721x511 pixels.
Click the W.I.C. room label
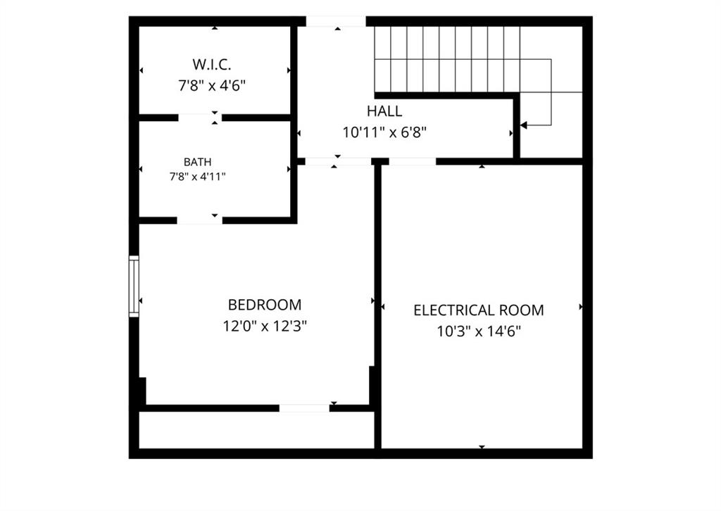tap(211, 64)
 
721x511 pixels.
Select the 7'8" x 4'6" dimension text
tap(212, 85)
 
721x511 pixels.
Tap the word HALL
tap(384, 111)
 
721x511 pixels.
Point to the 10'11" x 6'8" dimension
tap(384, 132)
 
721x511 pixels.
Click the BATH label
tap(198, 162)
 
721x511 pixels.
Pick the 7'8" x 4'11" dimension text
tap(198, 177)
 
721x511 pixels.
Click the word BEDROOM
tap(265, 305)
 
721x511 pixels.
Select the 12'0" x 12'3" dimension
tap(265, 327)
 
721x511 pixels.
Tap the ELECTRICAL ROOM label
tap(479, 310)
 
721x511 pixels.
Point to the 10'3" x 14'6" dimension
tap(479, 332)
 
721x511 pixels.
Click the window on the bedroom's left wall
tap(134, 286)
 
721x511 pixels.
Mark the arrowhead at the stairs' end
tap(524, 125)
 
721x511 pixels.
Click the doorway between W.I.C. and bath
tap(200, 118)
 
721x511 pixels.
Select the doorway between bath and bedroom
tap(199, 220)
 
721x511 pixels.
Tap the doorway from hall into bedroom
tap(338, 161)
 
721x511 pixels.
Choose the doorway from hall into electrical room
tap(413, 161)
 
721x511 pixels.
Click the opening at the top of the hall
tap(336, 21)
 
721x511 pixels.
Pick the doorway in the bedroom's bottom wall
tap(304, 408)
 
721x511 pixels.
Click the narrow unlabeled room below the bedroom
tap(256, 429)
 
